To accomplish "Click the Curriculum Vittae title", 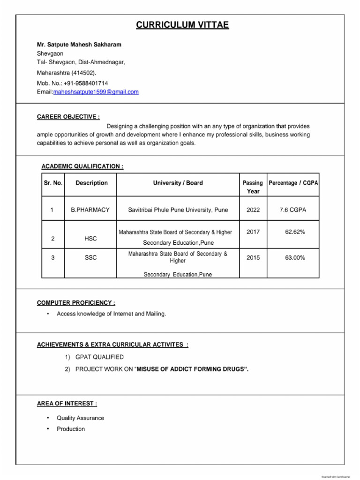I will [182, 25].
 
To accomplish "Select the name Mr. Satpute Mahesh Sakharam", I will [79, 45].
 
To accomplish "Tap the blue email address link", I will [96, 92].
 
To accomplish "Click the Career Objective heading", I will [68, 117].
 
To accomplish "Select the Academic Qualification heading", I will [82, 166].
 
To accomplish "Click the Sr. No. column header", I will [53, 183].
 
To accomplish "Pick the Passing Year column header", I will [253, 187].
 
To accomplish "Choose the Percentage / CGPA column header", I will [293, 183].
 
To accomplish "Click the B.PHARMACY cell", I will [90, 210].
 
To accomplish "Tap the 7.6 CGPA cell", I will [292, 210].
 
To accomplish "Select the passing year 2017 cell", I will [253, 232].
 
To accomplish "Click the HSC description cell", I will [90, 239].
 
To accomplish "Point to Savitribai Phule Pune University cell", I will [178, 210].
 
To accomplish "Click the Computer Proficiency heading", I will [76, 303].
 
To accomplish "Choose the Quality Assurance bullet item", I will [80, 418].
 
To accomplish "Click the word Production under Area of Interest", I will [71, 429].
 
